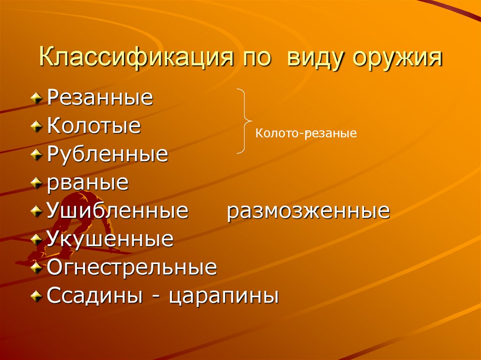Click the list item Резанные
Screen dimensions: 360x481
coord(100,98)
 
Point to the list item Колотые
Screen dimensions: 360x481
coord(94,126)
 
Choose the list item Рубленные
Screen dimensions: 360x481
coord(108,154)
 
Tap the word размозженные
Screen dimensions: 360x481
coord(309,211)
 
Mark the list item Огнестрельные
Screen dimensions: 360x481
coord(132,268)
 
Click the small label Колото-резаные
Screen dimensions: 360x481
coord(306,134)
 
